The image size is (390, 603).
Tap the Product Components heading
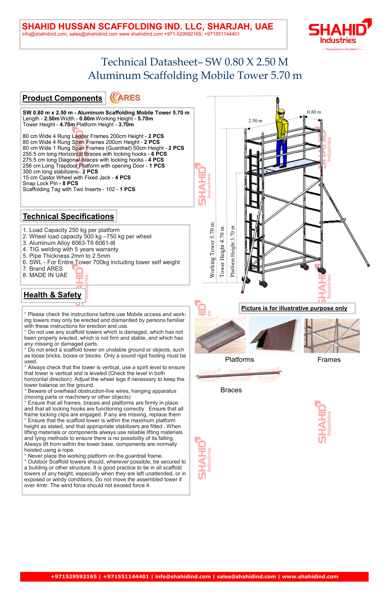pyautogui.click(x=62, y=98)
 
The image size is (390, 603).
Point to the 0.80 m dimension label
pyautogui.click(x=314, y=112)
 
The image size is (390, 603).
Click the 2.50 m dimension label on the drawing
pyautogui.click(x=255, y=121)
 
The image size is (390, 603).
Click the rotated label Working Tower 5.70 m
pyautogui.click(x=212, y=250)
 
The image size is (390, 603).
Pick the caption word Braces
pyautogui.click(x=231, y=390)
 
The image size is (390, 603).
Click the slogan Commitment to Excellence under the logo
pyautogui.click(x=342, y=49)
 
